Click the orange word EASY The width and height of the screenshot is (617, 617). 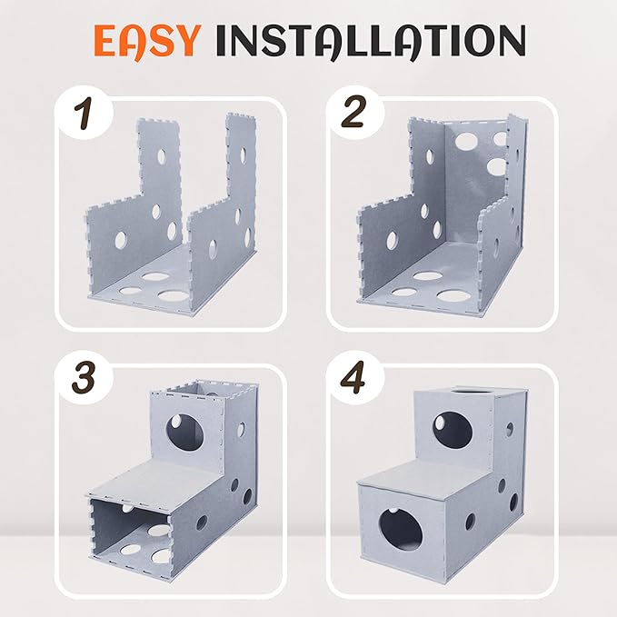pyautogui.click(x=145, y=42)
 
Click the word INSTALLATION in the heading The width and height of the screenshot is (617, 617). pyautogui.click(x=371, y=41)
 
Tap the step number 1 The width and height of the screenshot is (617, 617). pyautogui.click(x=84, y=114)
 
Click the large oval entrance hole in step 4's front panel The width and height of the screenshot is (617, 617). pyautogui.click(x=401, y=530)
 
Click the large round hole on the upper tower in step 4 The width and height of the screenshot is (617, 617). pyautogui.click(x=453, y=430)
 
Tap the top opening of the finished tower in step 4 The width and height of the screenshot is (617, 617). pyautogui.click(x=469, y=391)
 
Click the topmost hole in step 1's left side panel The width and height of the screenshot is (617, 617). pyautogui.click(x=162, y=156)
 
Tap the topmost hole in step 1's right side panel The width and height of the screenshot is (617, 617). pyautogui.click(x=243, y=154)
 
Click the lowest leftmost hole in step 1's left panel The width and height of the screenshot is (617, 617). pyautogui.click(x=121, y=240)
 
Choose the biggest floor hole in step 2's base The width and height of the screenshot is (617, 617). pyautogui.click(x=453, y=295)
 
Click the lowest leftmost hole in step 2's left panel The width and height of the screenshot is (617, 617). pyautogui.click(x=392, y=241)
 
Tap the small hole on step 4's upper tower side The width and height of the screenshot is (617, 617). pyautogui.click(x=510, y=430)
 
